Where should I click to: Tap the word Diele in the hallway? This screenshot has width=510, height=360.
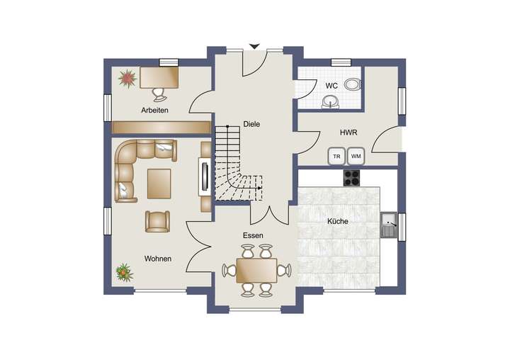[x=251, y=124]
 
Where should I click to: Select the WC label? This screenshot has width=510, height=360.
[x=331, y=86]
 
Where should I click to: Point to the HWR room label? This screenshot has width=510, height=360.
[x=348, y=132]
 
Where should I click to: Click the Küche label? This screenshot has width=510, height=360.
[x=337, y=222]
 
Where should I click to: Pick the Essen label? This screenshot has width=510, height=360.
[x=253, y=235]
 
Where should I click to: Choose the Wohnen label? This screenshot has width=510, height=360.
[x=157, y=259]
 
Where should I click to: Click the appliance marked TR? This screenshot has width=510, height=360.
[x=337, y=156]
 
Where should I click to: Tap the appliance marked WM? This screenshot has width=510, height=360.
[x=356, y=156]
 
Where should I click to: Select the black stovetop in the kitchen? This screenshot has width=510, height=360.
[x=353, y=177]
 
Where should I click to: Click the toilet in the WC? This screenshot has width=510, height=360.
[x=351, y=85]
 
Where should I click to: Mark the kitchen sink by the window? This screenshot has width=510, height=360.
[x=388, y=225]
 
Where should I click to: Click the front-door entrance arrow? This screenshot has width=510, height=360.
[x=254, y=47]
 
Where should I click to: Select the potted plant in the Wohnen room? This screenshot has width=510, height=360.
[x=124, y=271]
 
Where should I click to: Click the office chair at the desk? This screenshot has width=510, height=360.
[x=157, y=92]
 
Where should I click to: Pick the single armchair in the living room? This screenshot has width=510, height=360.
[x=157, y=221]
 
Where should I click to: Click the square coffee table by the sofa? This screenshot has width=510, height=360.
[x=159, y=183]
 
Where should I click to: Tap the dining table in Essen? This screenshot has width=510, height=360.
[x=256, y=269]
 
